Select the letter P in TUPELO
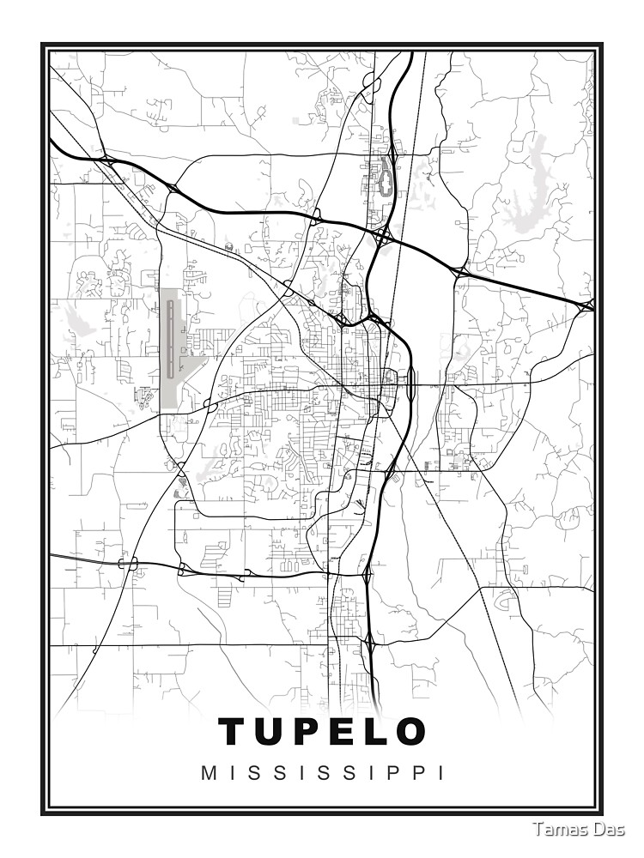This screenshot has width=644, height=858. coord(312,732)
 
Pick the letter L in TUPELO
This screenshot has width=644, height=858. coord(379,732)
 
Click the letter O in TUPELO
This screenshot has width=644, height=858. coord(412,732)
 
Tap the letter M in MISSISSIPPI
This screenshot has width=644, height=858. coord(208,773)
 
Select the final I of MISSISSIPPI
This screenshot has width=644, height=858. coord(441,773)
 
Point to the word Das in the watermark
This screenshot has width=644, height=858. coord(610,830)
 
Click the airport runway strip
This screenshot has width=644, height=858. coord(171,339)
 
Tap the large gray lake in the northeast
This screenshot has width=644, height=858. coord(537,176)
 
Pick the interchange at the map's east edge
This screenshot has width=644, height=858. coord(587,305)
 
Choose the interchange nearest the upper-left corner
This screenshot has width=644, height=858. coord(106,160)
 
